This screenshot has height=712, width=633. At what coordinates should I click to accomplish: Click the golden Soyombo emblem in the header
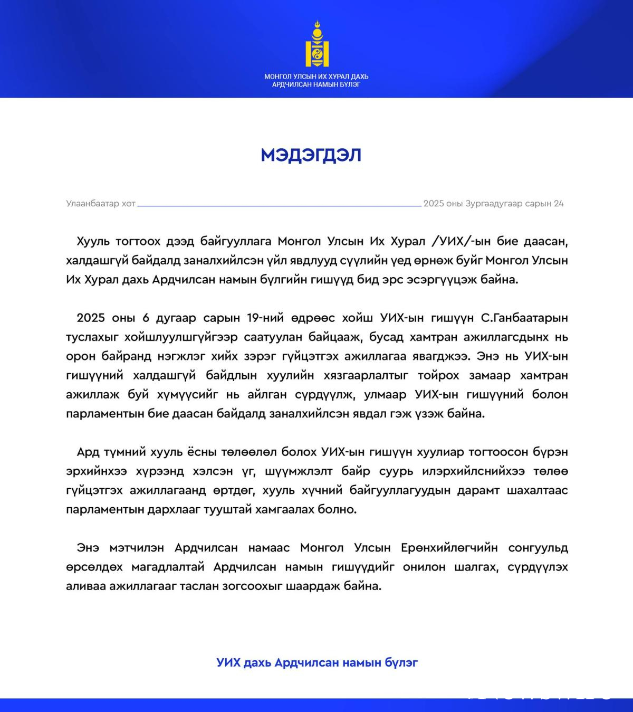point(316,44)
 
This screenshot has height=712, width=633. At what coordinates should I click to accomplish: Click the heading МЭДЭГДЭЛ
point(311,155)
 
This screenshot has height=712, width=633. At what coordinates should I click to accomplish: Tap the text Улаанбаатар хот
point(101,204)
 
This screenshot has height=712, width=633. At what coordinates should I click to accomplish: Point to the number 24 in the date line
point(559,204)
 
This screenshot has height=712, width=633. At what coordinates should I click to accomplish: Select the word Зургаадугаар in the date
point(494,204)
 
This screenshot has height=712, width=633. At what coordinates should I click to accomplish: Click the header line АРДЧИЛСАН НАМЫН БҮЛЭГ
point(316,84)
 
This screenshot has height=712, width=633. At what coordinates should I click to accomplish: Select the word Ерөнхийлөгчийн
point(449,548)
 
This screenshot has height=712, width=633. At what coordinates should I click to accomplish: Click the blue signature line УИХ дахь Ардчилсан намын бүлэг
point(316,662)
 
